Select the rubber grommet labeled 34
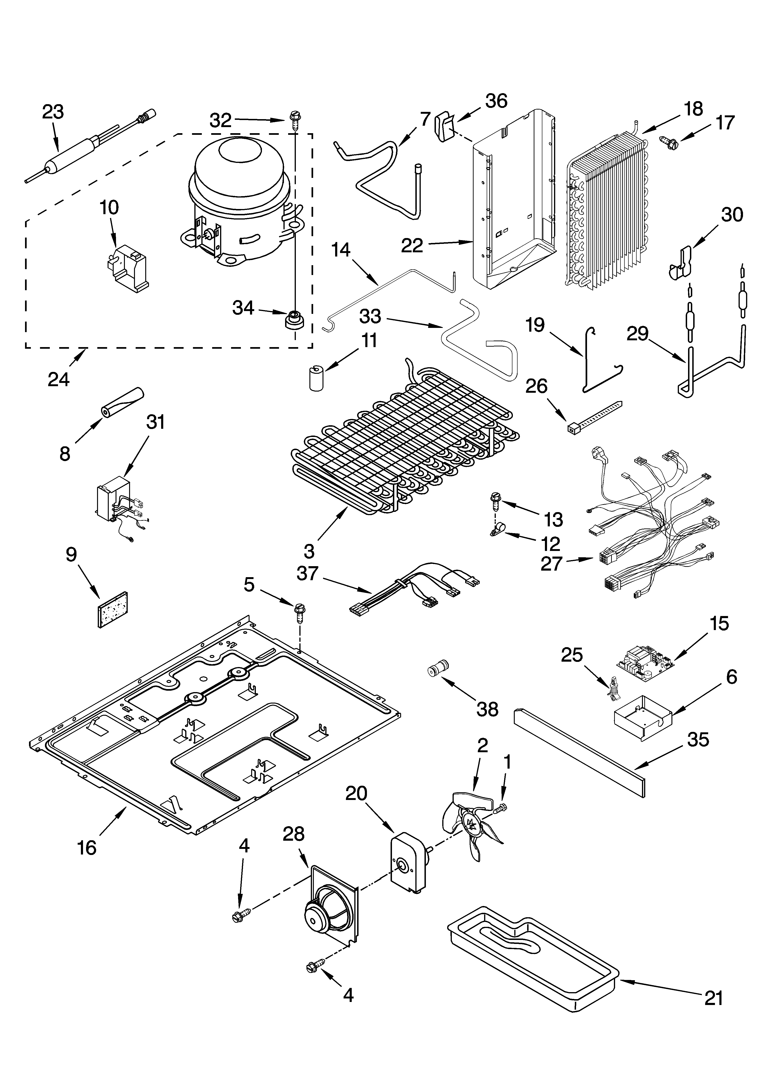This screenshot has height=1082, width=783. pos(294,319)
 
